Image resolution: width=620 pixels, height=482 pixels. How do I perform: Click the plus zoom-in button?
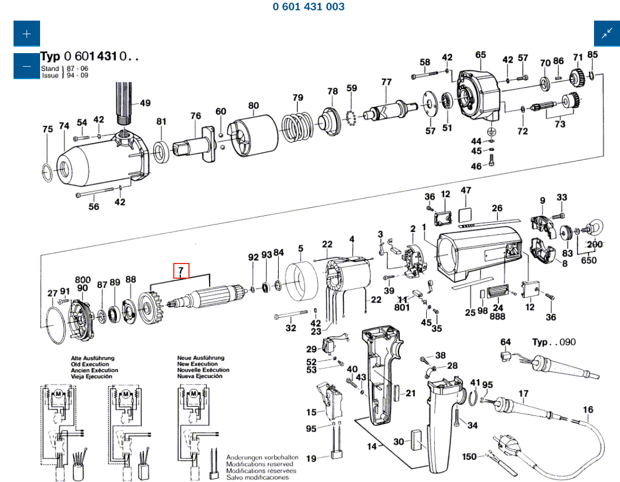pyautogui.click(x=27, y=34)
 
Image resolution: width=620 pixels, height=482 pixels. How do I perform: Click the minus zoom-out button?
pyautogui.click(x=27, y=66)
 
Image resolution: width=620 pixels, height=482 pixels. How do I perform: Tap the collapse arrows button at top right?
pyautogui.click(x=606, y=34)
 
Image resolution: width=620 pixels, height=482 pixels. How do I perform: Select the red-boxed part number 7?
pyautogui.click(x=181, y=270)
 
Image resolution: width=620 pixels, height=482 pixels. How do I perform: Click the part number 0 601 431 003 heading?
pyautogui.click(x=309, y=7)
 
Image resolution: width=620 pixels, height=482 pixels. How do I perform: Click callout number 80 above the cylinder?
pyautogui.click(x=253, y=105)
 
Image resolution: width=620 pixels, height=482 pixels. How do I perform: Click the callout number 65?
pyautogui.click(x=481, y=55)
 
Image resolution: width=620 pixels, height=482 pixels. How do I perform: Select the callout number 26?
pyautogui.click(x=497, y=208)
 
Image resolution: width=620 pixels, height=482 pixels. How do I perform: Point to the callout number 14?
pyautogui.click(x=371, y=447)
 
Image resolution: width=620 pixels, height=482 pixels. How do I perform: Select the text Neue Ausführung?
pyautogui.click(x=200, y=358)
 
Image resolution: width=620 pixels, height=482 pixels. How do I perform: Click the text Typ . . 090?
pyautogui.click(x=553, y=342)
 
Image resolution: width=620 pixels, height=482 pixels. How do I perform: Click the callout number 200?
pyautogui.click(x=595, y=245)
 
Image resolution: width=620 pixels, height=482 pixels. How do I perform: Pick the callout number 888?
pyautogui.click(x=498, y=316)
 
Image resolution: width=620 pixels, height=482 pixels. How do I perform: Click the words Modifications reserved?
pyautogui.click(x=259, y=464)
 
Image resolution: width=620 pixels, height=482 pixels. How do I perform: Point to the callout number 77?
pyautogui.click(x=386, y=82)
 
